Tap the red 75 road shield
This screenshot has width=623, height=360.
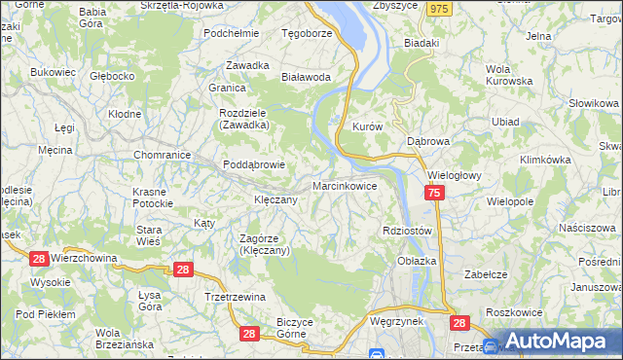coord(434,195)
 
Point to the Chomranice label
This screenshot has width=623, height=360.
coord(161,154)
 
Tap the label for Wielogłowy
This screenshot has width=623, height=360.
coord(457,176)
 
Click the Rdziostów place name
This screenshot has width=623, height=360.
coord(407,231)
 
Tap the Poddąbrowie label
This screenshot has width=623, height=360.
coord(254,164)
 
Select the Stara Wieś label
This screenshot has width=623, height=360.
coord(148,234)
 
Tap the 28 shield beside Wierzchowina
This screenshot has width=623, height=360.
coord(39,258)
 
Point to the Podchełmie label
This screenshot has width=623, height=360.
coord(231,32)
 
